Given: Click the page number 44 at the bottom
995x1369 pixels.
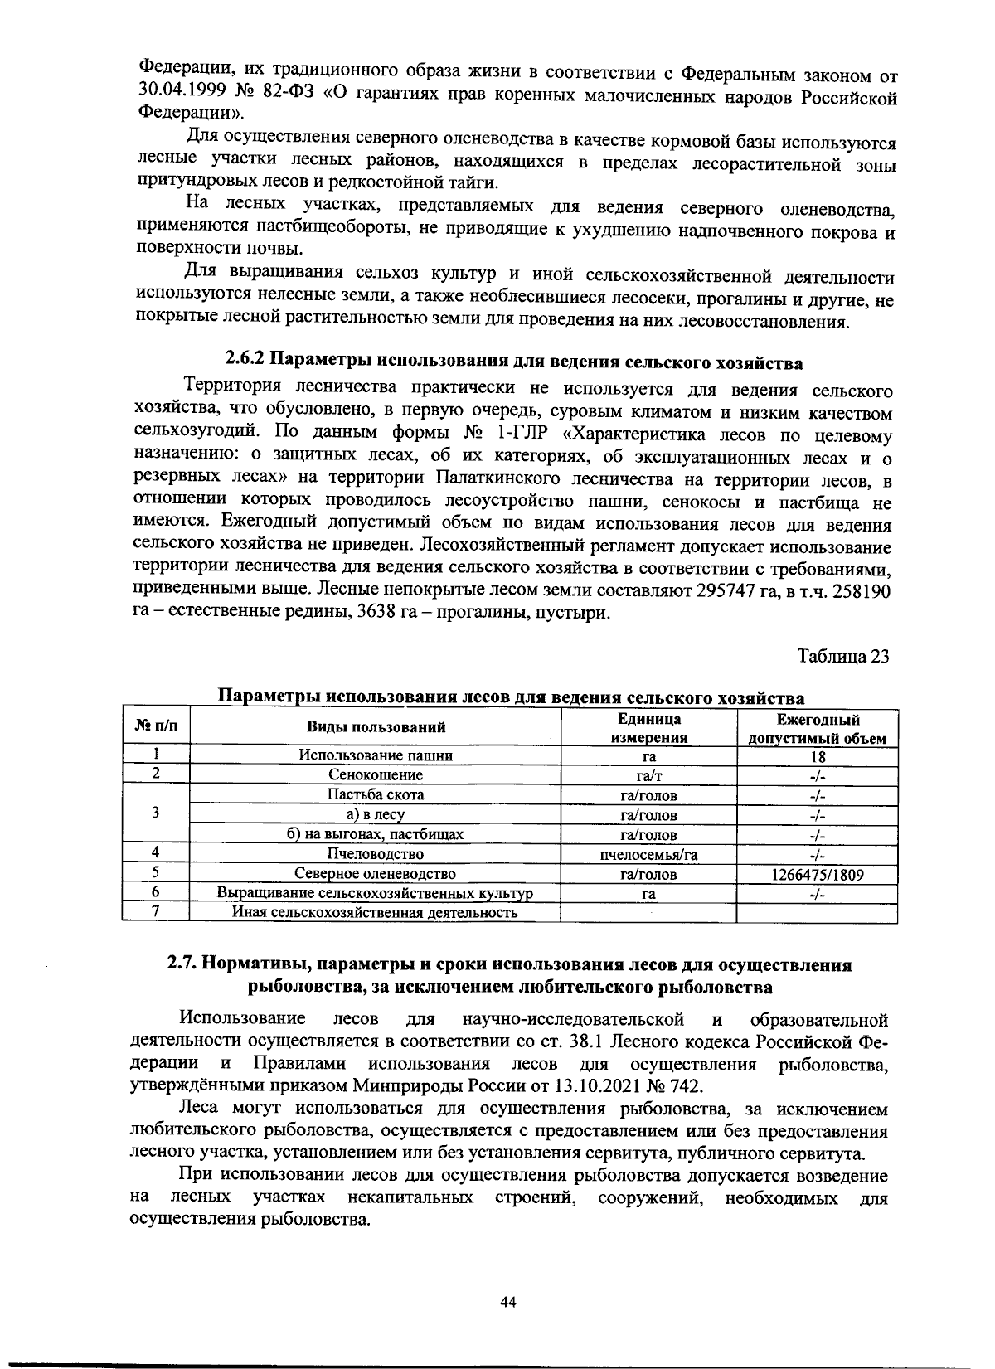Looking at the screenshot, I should (x=508, y=1303).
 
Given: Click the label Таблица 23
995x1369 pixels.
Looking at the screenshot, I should (x=842, y=656).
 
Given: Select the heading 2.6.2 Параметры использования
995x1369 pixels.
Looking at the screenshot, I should (x=514, y=362).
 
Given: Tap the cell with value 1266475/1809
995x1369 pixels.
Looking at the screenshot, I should (x=817, y=874).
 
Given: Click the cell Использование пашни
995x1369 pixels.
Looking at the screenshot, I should (x=376, y=755).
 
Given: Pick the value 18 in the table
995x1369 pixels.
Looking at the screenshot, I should (x=817, y=755).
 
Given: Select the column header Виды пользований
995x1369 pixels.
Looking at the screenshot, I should (x=376, y=728).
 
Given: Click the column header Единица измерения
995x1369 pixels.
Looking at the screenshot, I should (x=648, y=728).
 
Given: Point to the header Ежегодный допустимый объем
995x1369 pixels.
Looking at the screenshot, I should (x=817, y=728).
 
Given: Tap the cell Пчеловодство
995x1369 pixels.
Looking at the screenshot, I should (x=376, y=854).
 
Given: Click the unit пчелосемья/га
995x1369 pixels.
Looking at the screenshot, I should (x=648, y=854).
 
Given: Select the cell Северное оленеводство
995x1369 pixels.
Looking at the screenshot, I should (x=376, y=874).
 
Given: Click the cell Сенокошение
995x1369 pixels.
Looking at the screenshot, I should (x=376, y=775).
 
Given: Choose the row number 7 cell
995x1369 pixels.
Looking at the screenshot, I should (x=156, y=912).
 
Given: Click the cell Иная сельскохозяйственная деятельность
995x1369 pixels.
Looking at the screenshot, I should (x=375, y=913).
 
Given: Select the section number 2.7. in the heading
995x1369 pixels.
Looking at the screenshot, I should (x=182, y=965).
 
